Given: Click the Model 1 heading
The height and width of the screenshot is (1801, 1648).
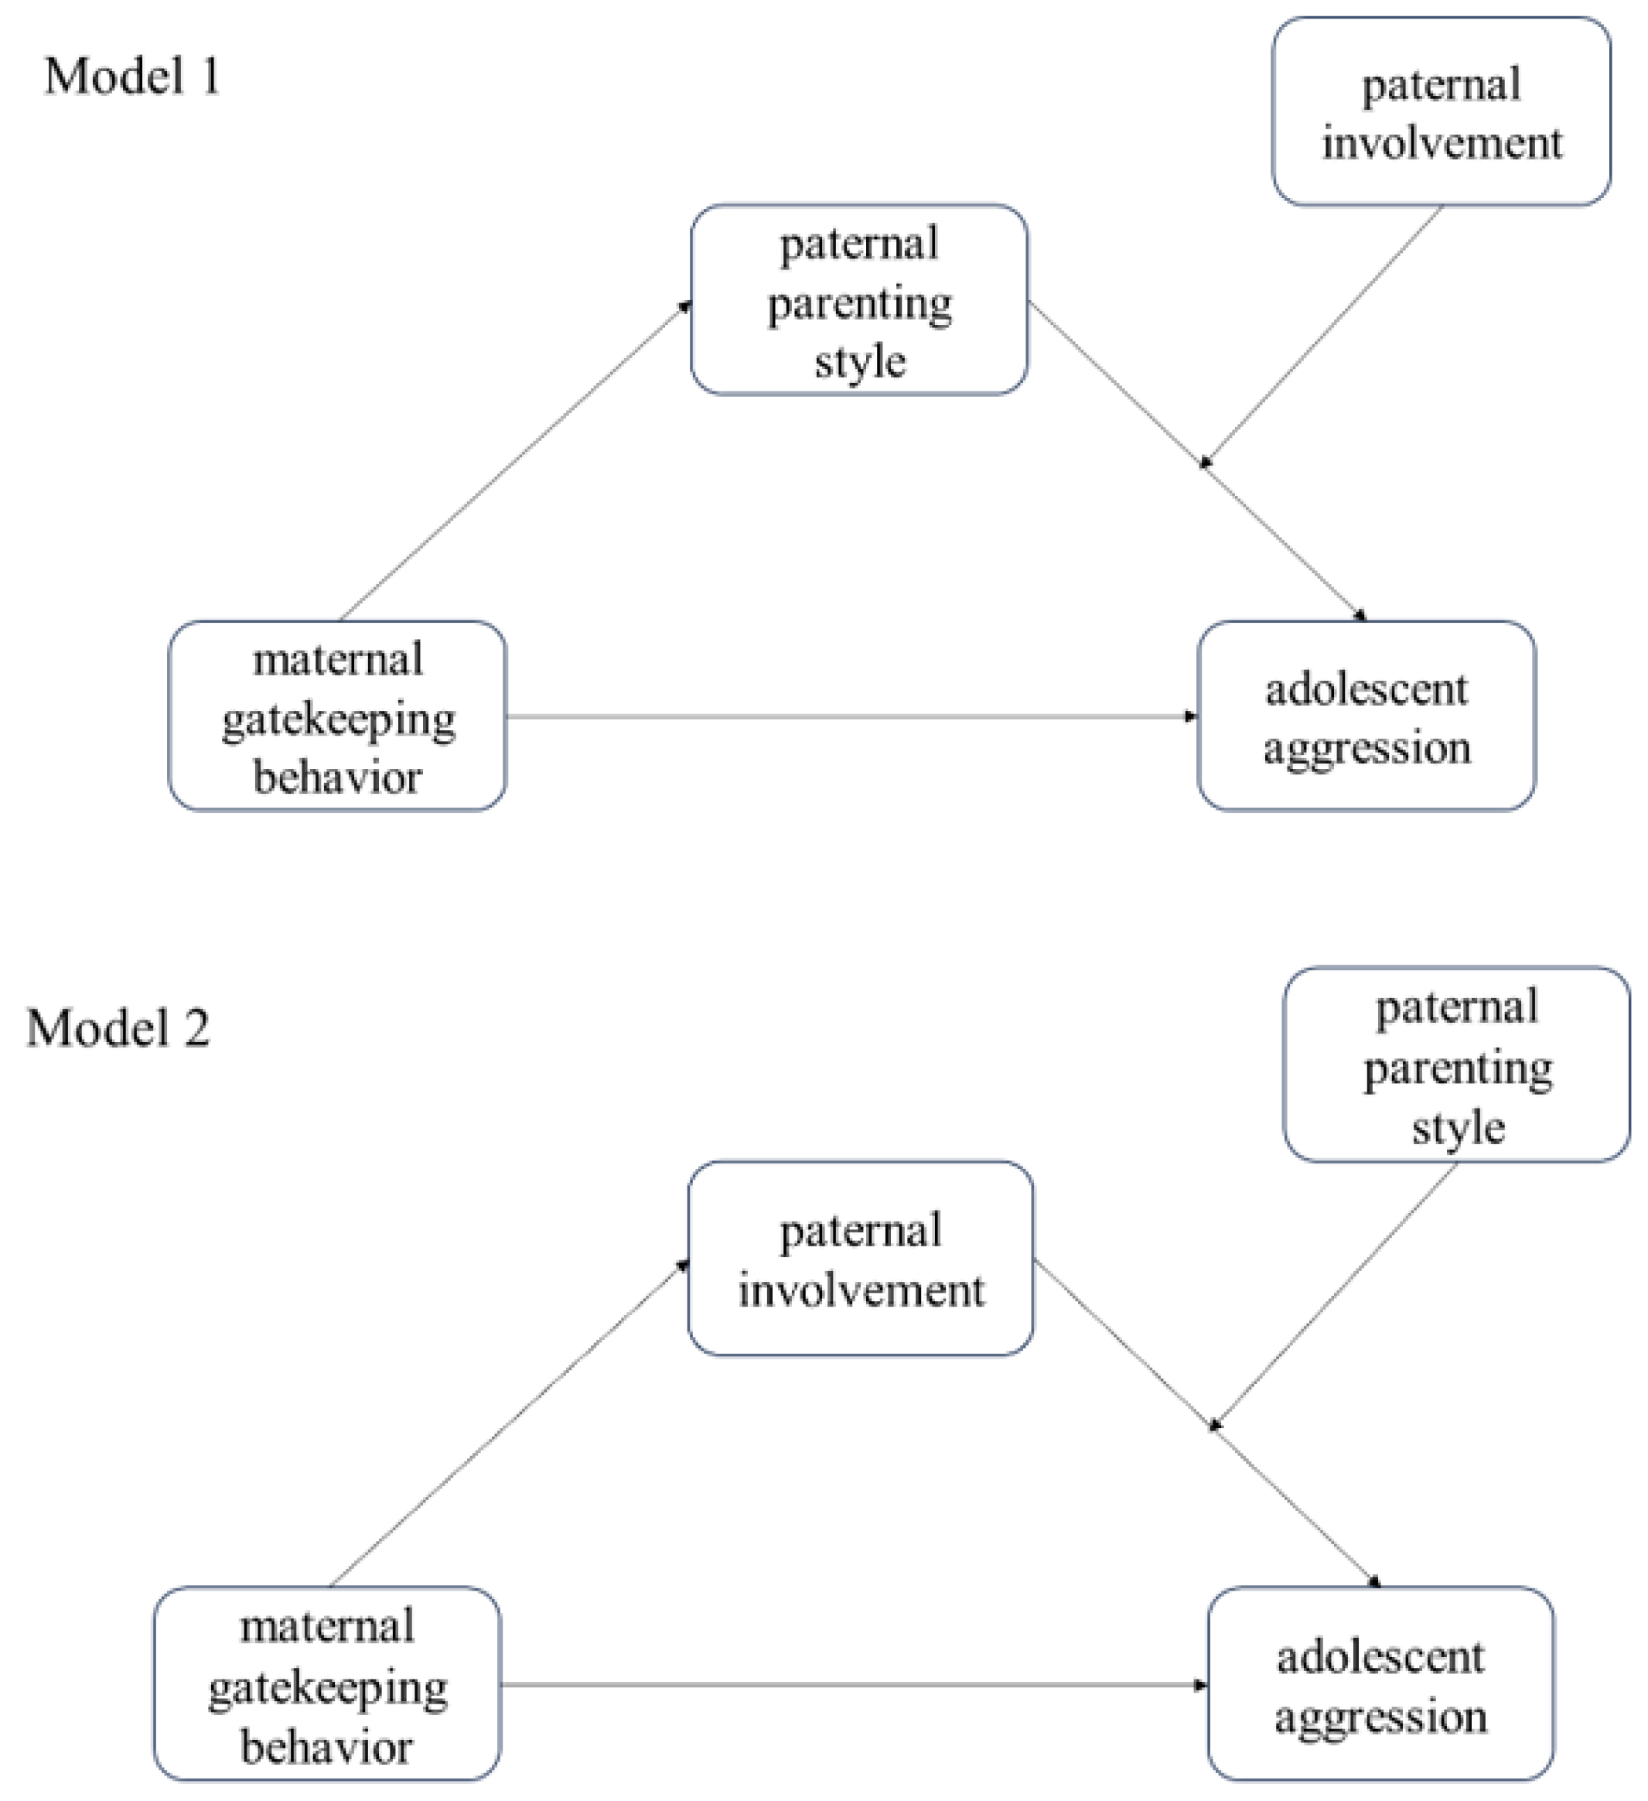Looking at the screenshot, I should click(x=132, y=76).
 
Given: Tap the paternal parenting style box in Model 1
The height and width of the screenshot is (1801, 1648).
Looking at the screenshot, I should click(x=858, y=300).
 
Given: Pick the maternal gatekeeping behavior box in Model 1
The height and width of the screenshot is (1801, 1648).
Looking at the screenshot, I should click(x=338, y=716).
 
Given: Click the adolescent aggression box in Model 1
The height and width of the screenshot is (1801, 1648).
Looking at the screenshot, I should click(x=1366, y=716).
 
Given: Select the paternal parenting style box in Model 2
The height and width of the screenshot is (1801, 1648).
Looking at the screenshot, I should click(x=1456, y=1065).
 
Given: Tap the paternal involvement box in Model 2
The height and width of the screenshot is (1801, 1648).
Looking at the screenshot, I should click(x=860, y=1259).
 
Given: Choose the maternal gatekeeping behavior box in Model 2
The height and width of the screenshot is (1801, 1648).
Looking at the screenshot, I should click(x=327, y=1684).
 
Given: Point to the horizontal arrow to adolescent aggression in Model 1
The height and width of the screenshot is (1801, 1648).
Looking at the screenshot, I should click(x=848, y=716).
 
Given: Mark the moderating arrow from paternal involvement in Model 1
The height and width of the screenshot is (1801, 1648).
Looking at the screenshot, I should click(x=1322, y=335).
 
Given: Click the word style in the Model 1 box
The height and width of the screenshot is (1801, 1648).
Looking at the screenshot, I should click(x=859, y=361).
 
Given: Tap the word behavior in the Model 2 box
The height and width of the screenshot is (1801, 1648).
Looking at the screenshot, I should click(x=327, y=1747).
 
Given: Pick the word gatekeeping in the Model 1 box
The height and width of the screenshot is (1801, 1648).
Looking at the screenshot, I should click(x=338, y=720).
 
